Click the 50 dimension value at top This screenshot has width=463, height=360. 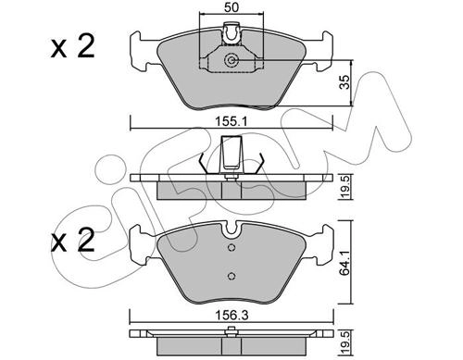231,7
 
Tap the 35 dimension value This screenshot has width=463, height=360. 344,81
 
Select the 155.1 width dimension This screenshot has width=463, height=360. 231,122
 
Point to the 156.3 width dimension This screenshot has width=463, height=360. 231,315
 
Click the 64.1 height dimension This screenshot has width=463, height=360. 345,262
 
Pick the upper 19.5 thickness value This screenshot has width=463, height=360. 345,187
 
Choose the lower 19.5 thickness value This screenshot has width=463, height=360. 345,341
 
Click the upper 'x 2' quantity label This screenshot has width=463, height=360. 73,47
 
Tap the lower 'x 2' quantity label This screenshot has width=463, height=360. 73,241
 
